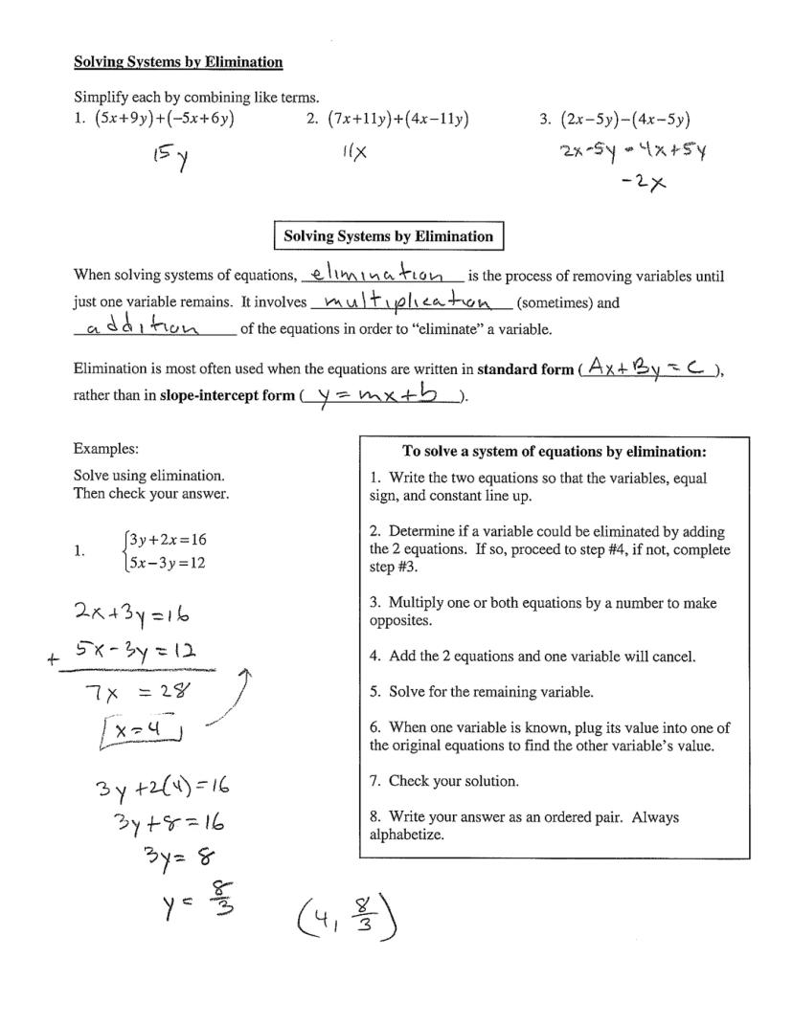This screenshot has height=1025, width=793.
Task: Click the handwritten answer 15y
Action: pyautogui.click(x=169, y=157)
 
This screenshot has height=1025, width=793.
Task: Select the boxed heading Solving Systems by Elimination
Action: pyautogui.click(x=389, y=236)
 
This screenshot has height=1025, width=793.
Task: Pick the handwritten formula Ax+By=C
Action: pyautogui.click(x=647, y=366)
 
